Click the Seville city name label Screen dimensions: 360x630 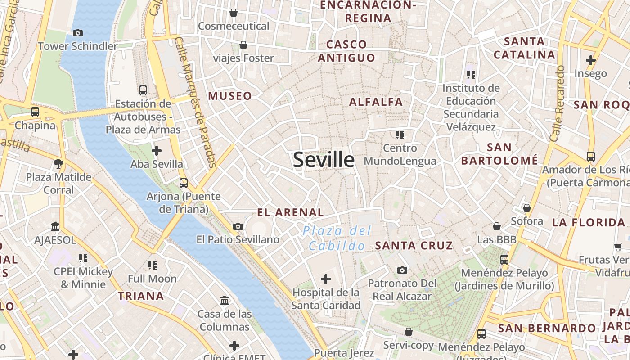click(324, 160)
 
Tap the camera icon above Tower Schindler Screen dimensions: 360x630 click(77, 33)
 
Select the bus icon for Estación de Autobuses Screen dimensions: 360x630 click(143, 90)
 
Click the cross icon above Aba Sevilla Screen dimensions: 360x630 click(157, 150)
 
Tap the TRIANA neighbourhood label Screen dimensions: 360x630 click(141, 296)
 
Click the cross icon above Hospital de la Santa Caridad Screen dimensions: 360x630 click(326, 279)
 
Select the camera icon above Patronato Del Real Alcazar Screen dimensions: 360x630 click(402, 270)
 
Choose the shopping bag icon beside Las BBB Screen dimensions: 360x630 click(497, 226)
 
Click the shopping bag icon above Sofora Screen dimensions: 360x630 click(526, 208)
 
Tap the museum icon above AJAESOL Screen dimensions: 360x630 click(55, 226)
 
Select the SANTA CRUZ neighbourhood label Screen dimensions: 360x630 click(414, 246)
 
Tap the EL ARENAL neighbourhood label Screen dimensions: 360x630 click(290, 212)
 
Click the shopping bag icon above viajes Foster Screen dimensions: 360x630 click(243, 45)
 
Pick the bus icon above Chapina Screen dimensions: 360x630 click(35, 112)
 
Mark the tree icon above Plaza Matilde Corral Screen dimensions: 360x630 click(58, 163)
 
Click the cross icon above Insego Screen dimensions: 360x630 click(590, 60)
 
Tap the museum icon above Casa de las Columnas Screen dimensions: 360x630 click(224, 300)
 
